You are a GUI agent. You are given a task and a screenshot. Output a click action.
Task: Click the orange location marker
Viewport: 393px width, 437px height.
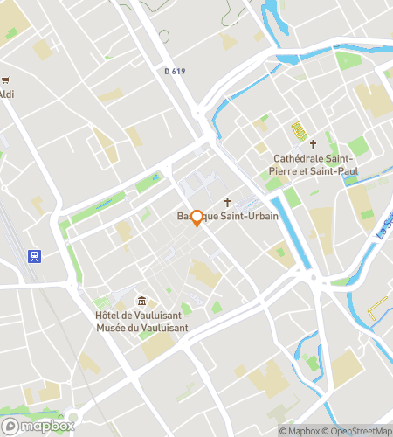tap(196, 218)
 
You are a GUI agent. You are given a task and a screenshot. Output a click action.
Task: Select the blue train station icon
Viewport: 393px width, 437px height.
tap(34, 256)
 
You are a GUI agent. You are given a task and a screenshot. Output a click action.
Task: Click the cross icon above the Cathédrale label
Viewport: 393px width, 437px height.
tap(312, 143)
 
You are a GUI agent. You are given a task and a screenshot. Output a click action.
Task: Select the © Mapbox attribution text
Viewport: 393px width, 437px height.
tap(299, 431)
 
